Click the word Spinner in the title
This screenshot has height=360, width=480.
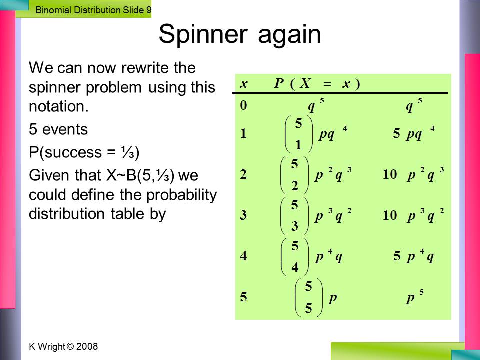click(203, 34)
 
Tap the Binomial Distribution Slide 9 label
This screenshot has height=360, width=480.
click(93, 10)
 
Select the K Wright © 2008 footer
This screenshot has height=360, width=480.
click(63, 346)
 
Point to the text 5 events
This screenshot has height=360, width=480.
click(58, 129)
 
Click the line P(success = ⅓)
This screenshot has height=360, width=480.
click(84, 152)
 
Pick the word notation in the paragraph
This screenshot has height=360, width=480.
click(59, 106)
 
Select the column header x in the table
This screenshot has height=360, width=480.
click(243, 84)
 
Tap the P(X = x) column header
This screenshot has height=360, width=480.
click(317, 83)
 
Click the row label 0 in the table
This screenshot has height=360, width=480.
click(243, 105)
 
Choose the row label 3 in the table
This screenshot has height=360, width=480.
click(243, 215)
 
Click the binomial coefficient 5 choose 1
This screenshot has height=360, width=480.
click(299, 134)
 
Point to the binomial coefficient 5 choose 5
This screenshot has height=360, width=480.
click(308, 297)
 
